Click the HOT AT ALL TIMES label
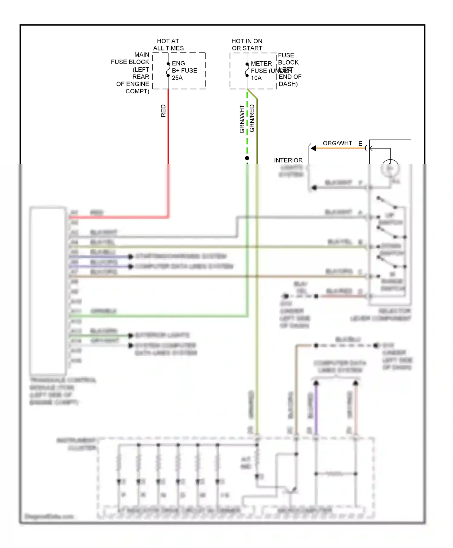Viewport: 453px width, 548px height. (x=168, y=44)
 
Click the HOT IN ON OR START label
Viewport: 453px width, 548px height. (x=247, y=44)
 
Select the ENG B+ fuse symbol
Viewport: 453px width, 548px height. (x=168, y=70)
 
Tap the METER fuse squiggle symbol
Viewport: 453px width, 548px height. (x=247, y=70)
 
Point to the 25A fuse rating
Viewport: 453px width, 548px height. (x=177, y=78)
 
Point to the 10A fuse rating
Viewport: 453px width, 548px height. (x=256, y=78)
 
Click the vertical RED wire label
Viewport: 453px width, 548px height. (x=163, y=111)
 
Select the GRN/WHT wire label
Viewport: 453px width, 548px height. (x=242, y=119)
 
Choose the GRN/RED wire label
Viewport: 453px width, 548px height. (x=252, y=118)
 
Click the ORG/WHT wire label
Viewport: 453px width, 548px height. (x=337, y=143)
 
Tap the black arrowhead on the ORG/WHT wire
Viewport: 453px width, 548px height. (x=313, y=148)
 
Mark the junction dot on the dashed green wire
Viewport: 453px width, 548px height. (x=247, y=158)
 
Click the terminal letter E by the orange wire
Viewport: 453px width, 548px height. (x=360, y=144)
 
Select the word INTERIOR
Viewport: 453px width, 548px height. (x=288, y=160)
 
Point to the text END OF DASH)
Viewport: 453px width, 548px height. (x=290, y=80)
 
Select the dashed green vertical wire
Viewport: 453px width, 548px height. (x=247, y=127)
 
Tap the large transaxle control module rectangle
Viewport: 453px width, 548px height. (x=48, y=290)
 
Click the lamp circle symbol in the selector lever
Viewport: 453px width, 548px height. (x=390, y=168)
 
